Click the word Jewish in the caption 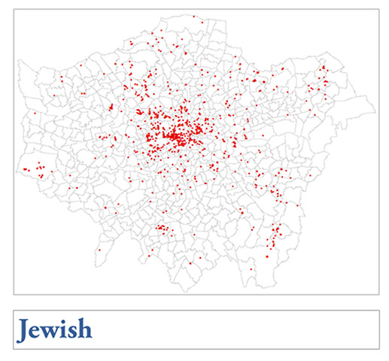pos(55,329)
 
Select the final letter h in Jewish pos(84,329)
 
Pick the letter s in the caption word pos(73,331)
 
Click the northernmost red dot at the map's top pos(193,16)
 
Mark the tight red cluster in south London pos(161,227)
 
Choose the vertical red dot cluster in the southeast pos(275,233)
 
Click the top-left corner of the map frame pos(14,9)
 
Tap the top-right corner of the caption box pos(378,309)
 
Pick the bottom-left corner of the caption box pos(14,349)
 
